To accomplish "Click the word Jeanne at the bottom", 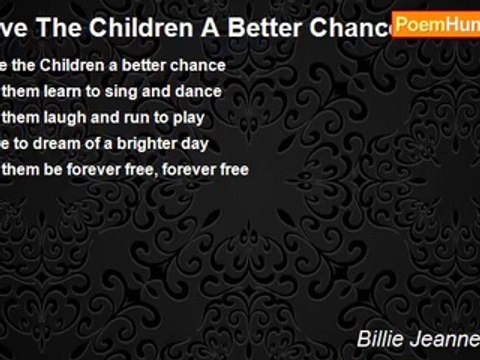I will tap(447, 339).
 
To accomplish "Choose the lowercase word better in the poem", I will tap(145, 65).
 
